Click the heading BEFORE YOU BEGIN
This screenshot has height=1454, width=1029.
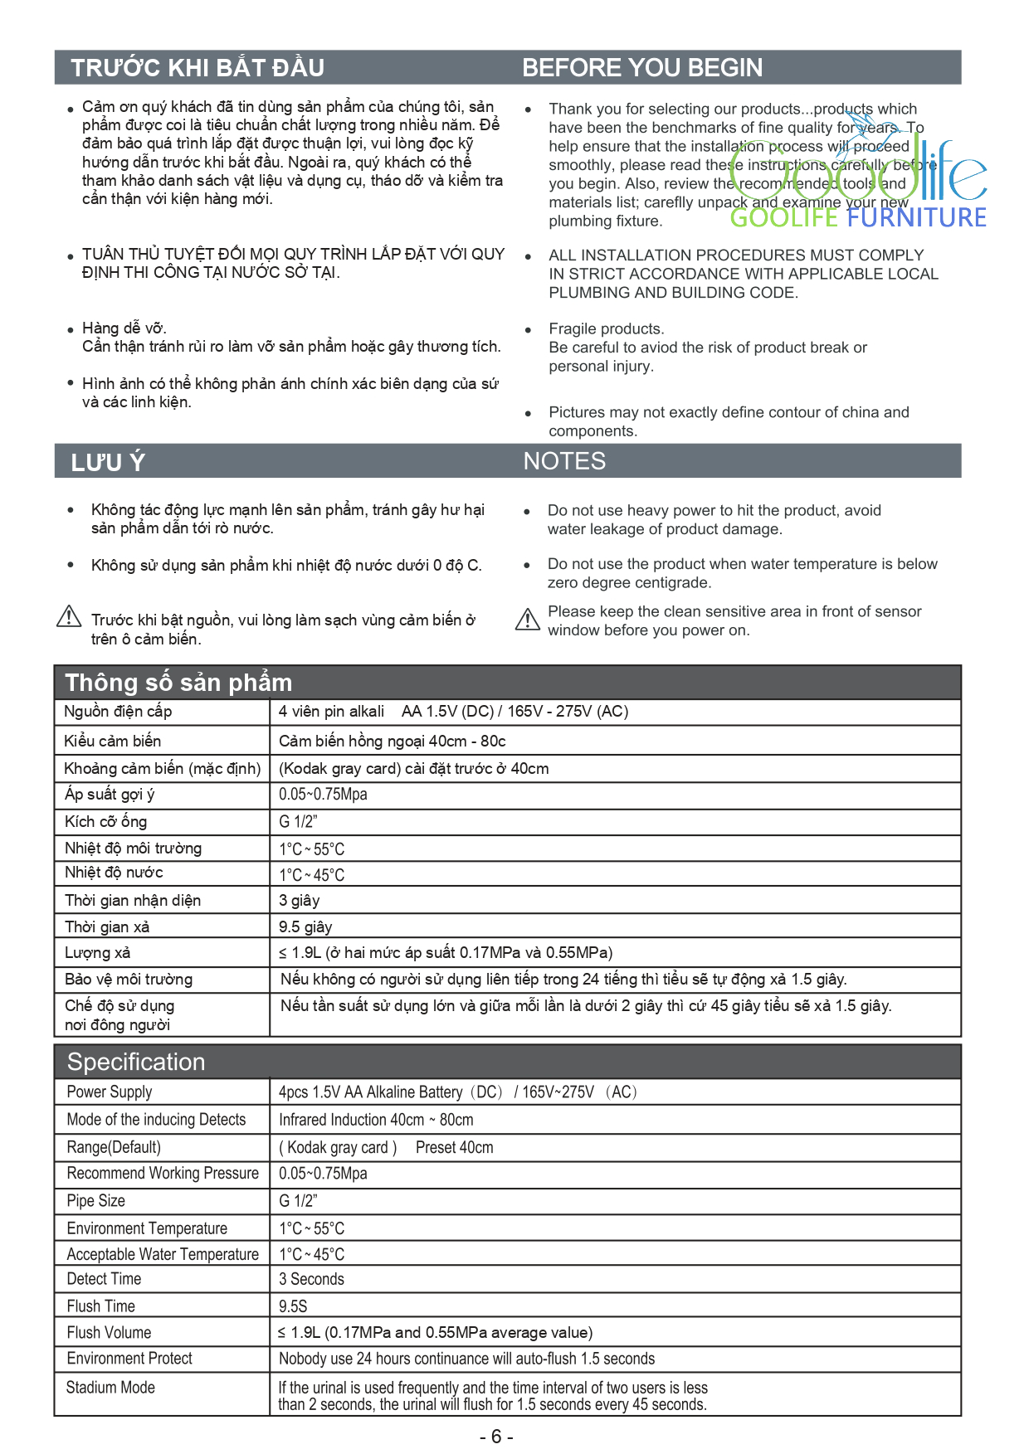[x=641, y=68]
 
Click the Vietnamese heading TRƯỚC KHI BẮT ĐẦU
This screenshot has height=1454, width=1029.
[x=197, y=68]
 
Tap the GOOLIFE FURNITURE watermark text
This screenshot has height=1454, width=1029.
[x=858, y=218]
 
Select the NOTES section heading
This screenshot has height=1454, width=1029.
[x=564, y=461]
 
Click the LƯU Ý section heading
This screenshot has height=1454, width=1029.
[x=108, y=462]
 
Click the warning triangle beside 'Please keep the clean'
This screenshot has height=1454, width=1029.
[x=528, y=620]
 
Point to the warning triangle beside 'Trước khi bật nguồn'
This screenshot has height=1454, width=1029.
[x=69, y=616]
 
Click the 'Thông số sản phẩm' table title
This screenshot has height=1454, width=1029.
[x=178, y=683]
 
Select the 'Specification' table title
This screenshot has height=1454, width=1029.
[x=136, y=1062]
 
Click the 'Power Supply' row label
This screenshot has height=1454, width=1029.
[x=110, y=1092]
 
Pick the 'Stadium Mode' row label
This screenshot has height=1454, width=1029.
[x=110, y=1387]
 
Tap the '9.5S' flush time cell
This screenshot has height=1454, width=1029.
[x=293, y=1306]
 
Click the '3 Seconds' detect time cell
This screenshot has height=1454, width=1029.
[x=311, y=1279]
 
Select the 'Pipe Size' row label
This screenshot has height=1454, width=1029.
[x=96, y=1200]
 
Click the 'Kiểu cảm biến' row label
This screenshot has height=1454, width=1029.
[x=113, y=741]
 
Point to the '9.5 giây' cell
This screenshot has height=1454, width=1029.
[x=305, y=926]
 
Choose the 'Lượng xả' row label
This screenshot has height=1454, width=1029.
[x=98, y=952]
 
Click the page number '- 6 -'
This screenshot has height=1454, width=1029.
[x=496, y=1437]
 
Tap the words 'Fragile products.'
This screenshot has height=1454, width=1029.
[x=606, y=328]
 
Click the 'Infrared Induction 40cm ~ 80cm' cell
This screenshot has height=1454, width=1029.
[x=376, y=1120]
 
